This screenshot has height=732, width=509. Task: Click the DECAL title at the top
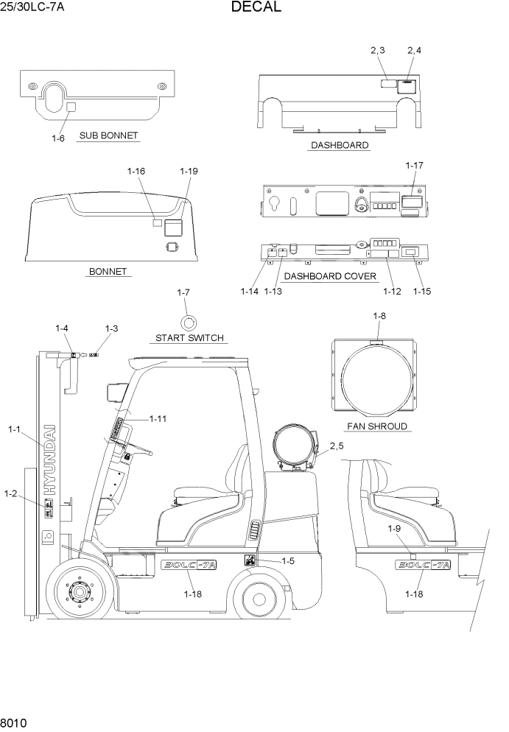[256, 8]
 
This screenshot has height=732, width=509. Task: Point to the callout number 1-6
[58, 138]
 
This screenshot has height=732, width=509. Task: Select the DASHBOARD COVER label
[330, 276]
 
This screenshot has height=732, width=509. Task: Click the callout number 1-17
[414, 166]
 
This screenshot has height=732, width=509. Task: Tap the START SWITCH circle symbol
[189, 322]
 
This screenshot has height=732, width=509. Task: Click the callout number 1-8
[379, 316]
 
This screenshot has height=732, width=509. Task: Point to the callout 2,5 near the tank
[337, 446]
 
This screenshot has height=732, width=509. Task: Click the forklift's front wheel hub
[77, 590]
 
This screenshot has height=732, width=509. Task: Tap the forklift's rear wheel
[259, 598]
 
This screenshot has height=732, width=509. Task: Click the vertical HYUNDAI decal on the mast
[49, 460]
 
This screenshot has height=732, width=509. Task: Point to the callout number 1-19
[189, 171]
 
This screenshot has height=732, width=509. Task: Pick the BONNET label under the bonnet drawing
[108, 271]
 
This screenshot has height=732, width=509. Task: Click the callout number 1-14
[249, 291]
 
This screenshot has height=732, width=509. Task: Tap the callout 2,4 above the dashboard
[414, 50]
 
